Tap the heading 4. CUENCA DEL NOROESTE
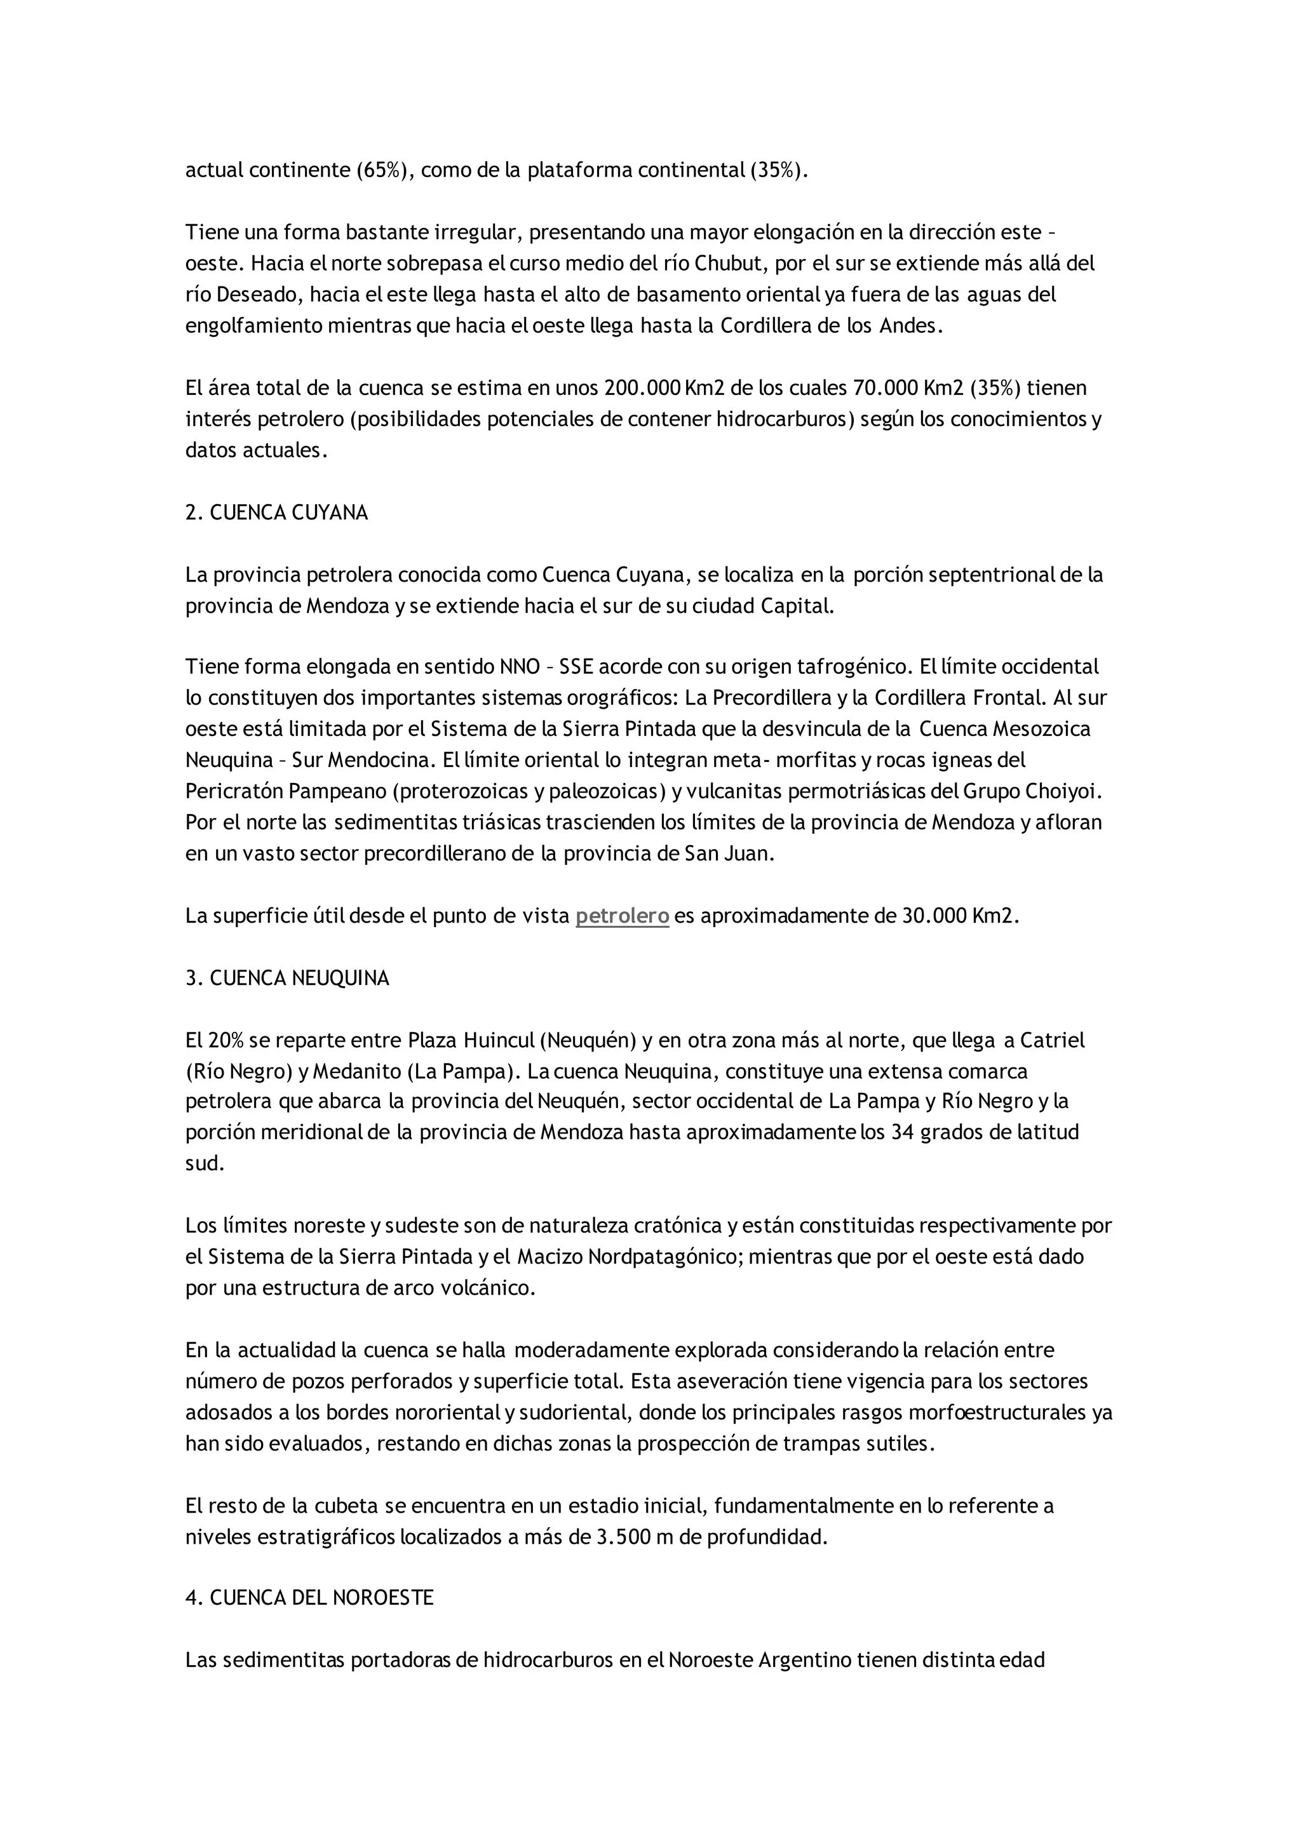click(x=309, y=1597)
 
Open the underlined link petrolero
click(x=623, y=916)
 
